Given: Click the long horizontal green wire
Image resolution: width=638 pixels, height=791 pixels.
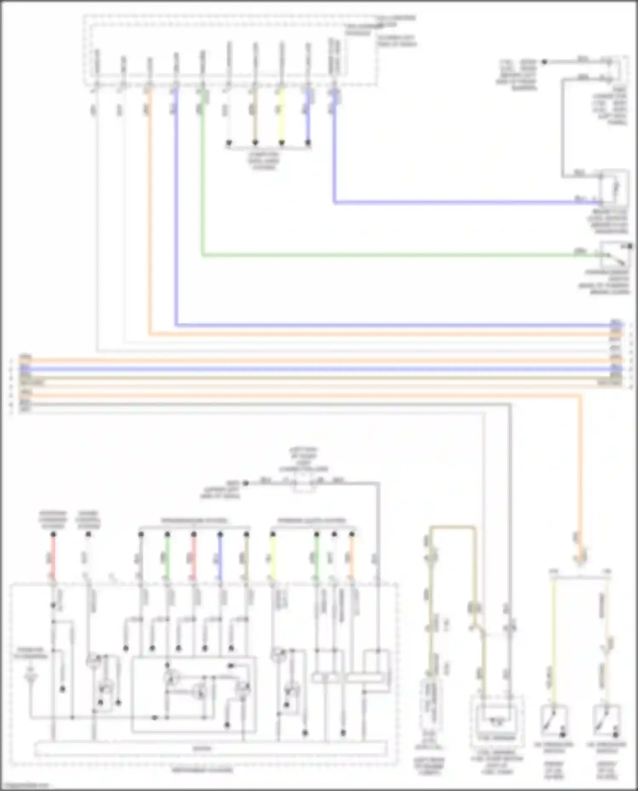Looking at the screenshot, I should pos(383,255).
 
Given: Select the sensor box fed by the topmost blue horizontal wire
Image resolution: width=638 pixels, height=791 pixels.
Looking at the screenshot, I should pos(614,187).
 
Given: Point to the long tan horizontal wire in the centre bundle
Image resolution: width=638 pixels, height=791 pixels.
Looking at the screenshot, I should pos(319,377).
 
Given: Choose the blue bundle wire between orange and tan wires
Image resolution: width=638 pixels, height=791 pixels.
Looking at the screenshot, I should pos(319,368).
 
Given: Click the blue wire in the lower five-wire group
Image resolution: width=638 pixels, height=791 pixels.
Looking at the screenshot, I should pos(220,557).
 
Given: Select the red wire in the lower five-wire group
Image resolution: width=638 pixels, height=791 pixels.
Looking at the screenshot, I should pos(194,557).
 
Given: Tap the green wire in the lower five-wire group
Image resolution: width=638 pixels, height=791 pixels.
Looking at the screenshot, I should pos(167,557).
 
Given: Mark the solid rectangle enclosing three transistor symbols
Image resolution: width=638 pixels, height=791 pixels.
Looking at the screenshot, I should pos(194,695).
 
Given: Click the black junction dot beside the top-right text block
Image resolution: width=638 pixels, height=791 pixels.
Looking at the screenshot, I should pos(544,62).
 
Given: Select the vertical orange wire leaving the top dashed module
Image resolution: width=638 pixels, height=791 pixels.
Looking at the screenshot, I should pos(149,213).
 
